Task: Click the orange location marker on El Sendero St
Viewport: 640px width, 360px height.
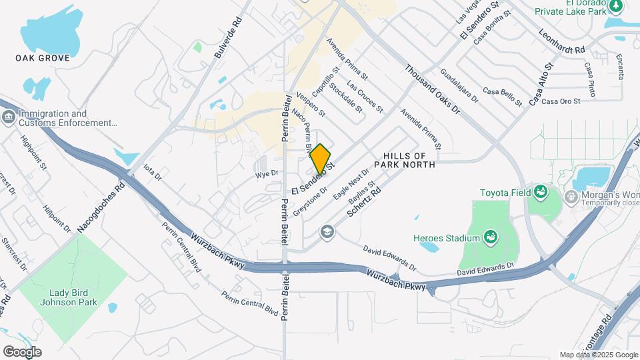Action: pyautogui.click(x=321, y=159)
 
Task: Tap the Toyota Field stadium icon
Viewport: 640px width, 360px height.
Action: pyautogui.click(x=540, y=193)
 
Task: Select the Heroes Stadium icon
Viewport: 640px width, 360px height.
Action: pyautogui.click(x=491, y=237)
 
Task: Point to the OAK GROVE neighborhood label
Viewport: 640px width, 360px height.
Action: pyautogui.click(x=43, y=59)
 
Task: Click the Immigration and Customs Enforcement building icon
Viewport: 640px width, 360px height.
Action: pyautogui.click(x=9, y=118)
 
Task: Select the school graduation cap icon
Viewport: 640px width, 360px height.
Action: pyautogui.click(x=327, y=231)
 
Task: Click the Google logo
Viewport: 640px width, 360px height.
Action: pyautogui.click(x=22, y=351)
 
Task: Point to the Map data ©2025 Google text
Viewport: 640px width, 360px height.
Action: pyautogui.click(x=598, y=355)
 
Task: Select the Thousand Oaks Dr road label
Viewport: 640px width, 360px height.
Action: pyautogui.click(x=432, y=88)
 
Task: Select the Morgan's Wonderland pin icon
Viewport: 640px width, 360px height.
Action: pyautogui.click(x=570, y=197)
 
